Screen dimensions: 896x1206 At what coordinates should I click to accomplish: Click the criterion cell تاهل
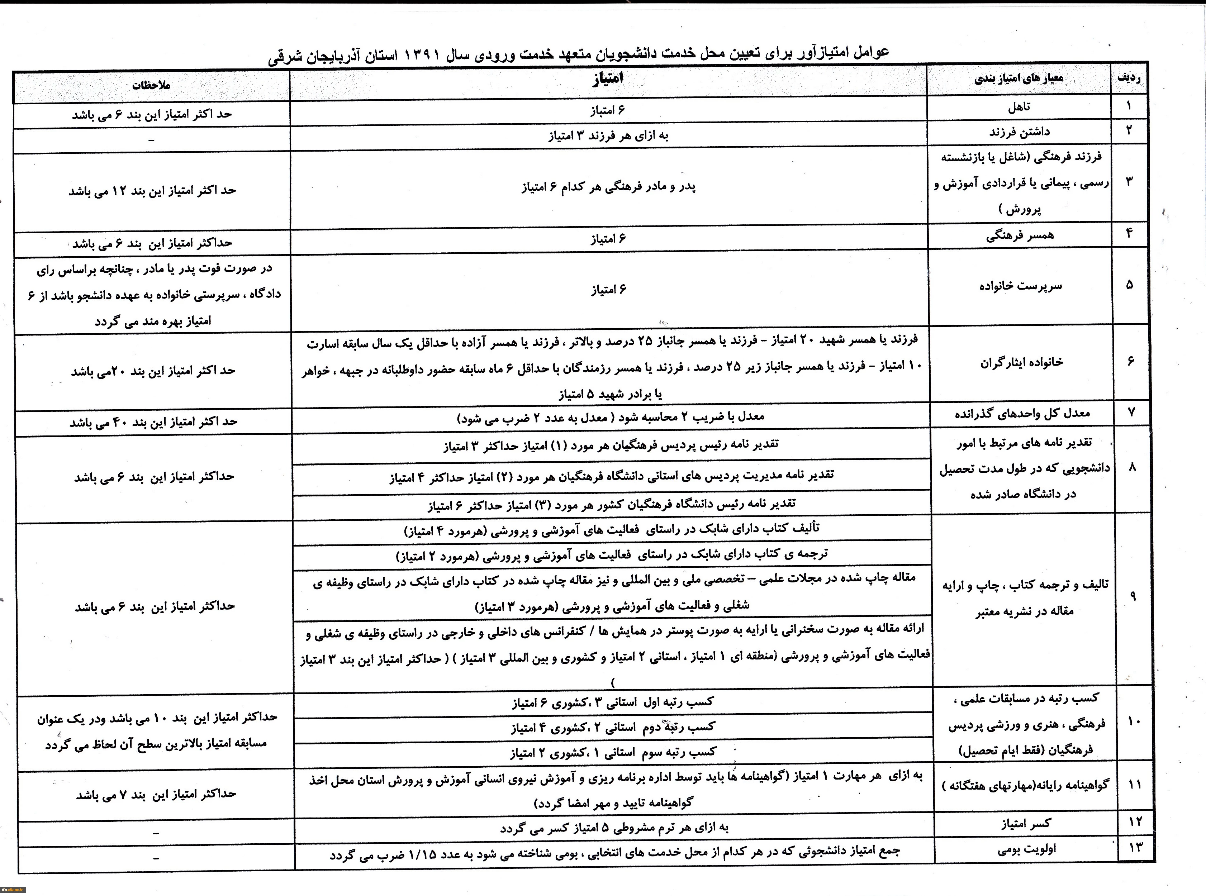tap(1019, 108)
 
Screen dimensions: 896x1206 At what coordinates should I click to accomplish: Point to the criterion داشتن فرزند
tap(1019, 132)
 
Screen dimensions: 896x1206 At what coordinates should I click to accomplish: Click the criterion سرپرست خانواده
tap(1020, 286)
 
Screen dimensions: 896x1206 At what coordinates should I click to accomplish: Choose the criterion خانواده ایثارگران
tap(1021, 362)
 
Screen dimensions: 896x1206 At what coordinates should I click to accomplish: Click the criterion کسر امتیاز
tap(1025, 823)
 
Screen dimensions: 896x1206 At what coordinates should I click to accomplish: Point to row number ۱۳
tap(1135, 847)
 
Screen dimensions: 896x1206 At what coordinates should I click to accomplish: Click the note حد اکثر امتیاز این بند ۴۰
tap(153, 422)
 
